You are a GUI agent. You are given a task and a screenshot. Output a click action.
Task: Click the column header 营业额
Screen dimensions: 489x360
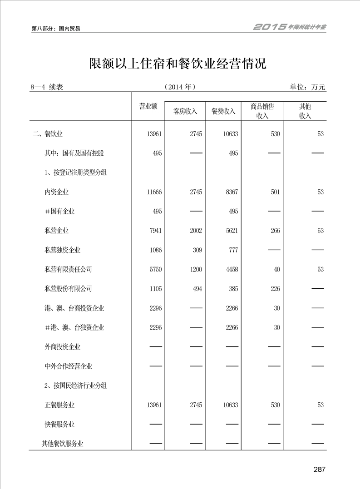click(x=148, y=106)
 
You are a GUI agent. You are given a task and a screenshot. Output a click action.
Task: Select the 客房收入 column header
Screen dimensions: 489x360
click(x=185, y=111)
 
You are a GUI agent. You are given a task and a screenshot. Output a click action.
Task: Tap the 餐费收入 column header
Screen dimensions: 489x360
click(x=223, y=111)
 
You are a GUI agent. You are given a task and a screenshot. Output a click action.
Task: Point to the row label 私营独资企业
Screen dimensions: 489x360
click(x=63, y=250)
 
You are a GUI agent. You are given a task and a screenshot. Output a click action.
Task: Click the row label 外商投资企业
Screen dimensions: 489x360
click(x=63, y=347)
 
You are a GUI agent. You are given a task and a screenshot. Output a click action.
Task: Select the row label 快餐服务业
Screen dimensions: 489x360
click(x=59, y=425)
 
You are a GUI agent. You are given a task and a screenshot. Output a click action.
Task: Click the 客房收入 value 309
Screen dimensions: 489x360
click(x=197, y=250)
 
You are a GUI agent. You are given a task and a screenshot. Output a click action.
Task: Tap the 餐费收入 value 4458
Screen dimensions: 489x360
click(x=232, y=269)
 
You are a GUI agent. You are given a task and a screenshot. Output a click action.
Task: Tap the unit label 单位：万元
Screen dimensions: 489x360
click(x=307, y=87)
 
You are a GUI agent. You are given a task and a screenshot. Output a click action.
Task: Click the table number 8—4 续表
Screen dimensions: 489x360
click(x=46, y=87)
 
